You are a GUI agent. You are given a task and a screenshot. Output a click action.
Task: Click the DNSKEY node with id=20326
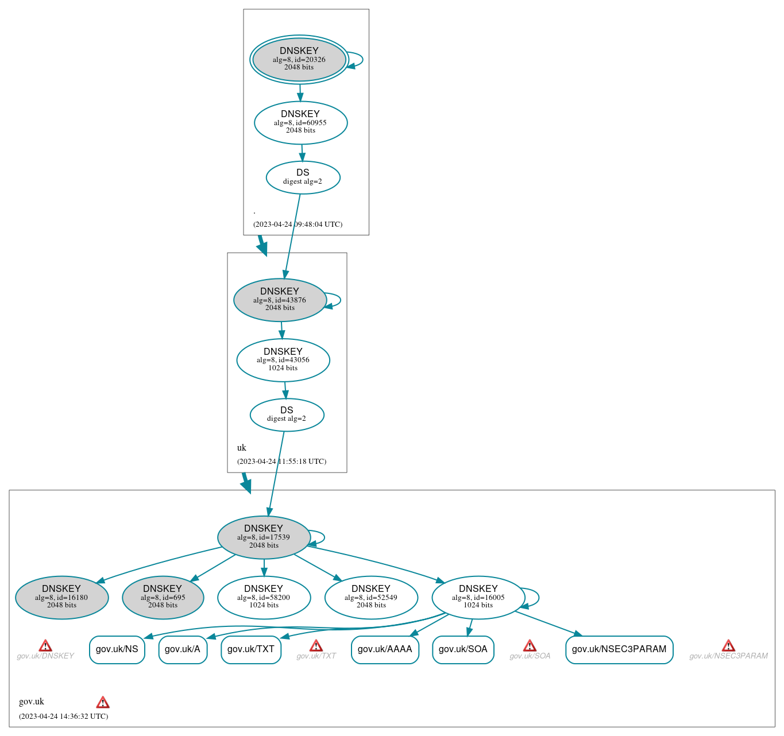[299, 59]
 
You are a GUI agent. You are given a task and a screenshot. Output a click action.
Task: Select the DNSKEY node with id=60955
[300, 122]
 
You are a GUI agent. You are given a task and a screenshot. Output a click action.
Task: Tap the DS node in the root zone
[303, 177]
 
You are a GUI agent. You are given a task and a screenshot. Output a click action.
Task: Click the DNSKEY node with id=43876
[280, 300]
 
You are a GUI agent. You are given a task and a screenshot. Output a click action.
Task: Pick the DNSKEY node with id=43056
[283, 360]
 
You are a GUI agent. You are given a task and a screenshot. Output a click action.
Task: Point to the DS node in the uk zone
[287, 415]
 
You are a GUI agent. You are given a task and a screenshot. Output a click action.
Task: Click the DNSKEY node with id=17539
[264, 537]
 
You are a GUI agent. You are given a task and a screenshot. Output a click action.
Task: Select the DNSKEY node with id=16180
[61, 598]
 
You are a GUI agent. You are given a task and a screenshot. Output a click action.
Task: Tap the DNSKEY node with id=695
[163, 598]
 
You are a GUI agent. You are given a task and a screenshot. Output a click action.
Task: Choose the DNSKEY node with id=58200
[264, 598]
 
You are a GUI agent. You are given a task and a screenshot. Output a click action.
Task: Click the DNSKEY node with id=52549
[371, 598]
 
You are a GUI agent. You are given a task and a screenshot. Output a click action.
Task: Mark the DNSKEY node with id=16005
[478, 598]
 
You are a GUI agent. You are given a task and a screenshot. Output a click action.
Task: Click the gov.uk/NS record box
[117, 649]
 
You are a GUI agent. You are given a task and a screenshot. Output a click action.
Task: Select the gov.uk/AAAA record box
[385, 649]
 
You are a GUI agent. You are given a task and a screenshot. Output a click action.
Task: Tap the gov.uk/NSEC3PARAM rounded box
[619, 649]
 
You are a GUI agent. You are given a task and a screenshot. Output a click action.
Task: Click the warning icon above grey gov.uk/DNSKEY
[45, 646]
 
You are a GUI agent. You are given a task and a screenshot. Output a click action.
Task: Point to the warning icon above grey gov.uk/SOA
[530, 646]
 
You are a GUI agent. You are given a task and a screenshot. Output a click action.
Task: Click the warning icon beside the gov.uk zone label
[103, 702]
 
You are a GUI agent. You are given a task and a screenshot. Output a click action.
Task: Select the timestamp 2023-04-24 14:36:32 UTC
[63, 716]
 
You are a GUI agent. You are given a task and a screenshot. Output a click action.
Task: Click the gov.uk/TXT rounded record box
[250, 649]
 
